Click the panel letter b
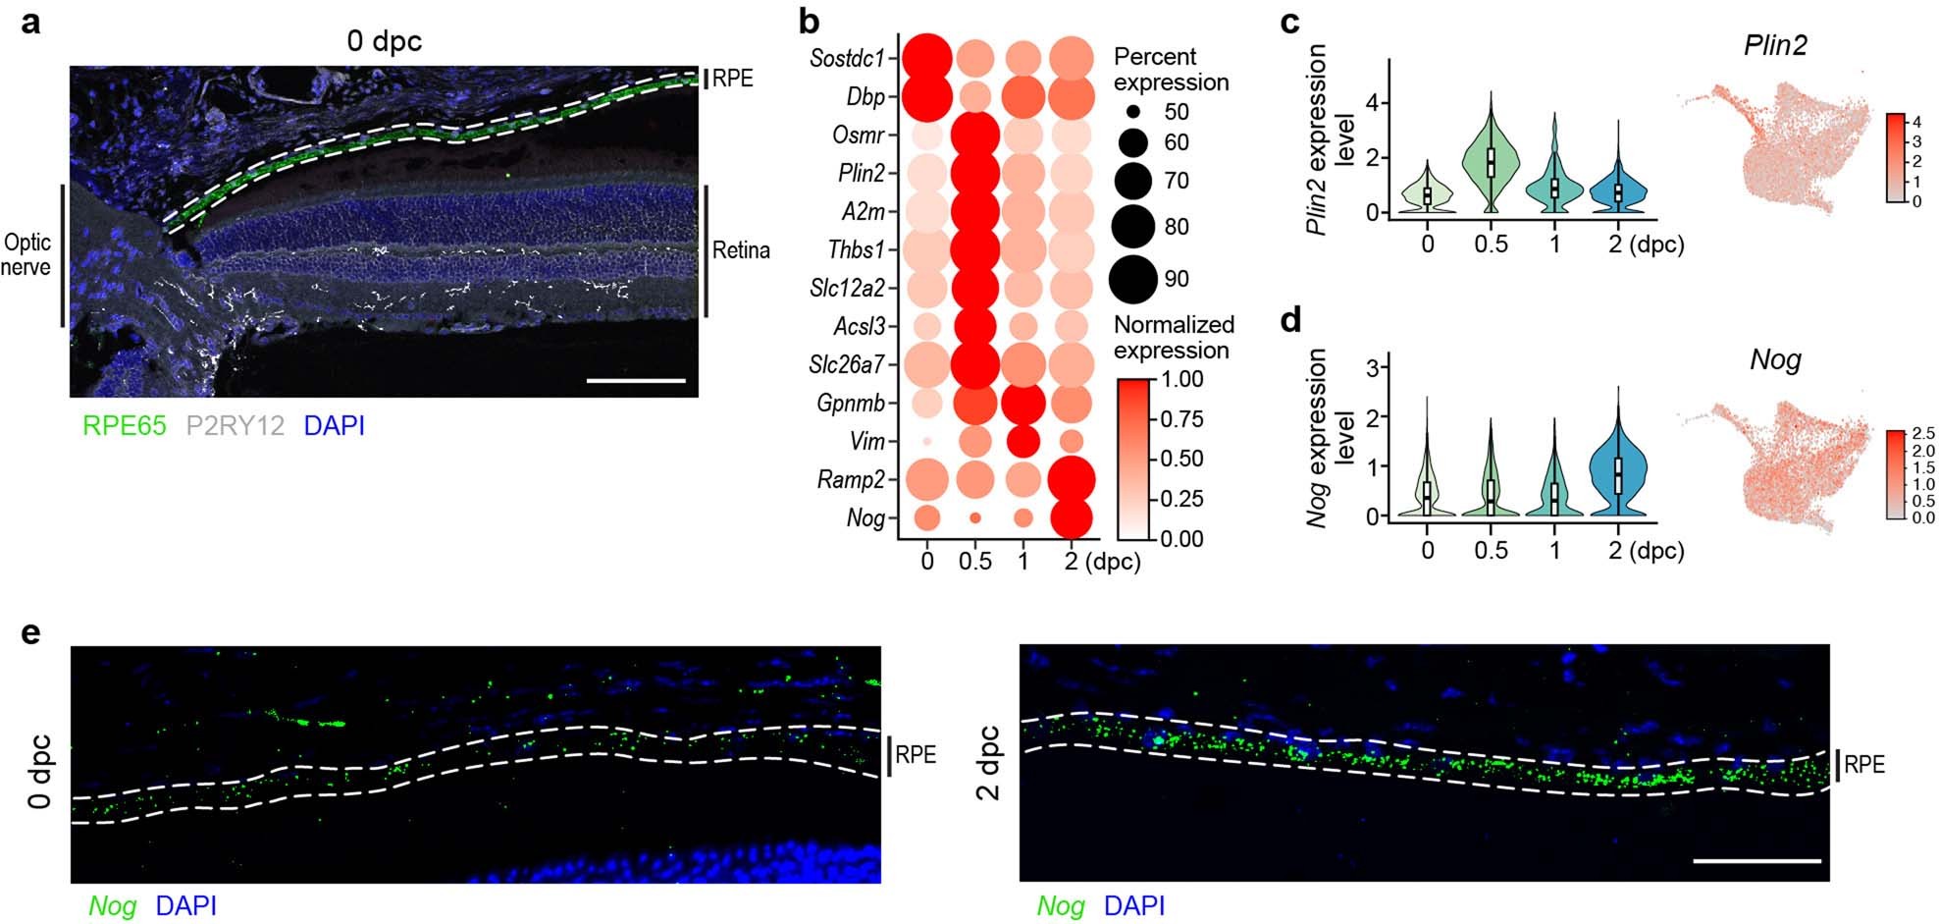pyautogui.click(x=810, y=22)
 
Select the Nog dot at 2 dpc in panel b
pyautogui.click(x=1071, y=517)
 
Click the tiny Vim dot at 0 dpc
pyautogui.click(x=927, y=441)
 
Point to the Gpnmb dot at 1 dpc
pyautogui.click(x=1023, y=403)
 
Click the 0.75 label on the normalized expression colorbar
pyautogui.click(x=1183, y=419)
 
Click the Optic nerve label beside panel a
pyautogui.click(x=27, y=254)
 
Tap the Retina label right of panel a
pyautogui.click(x=741, y=250)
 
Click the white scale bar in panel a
pyautogui.click(x=636, y=379)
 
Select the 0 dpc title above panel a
pyautogui.click(x=384, y=41)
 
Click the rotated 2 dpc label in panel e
pyautogui.click(x=990, y=763)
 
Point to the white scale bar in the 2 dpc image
pyautogui.click(x=1756, y=861)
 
